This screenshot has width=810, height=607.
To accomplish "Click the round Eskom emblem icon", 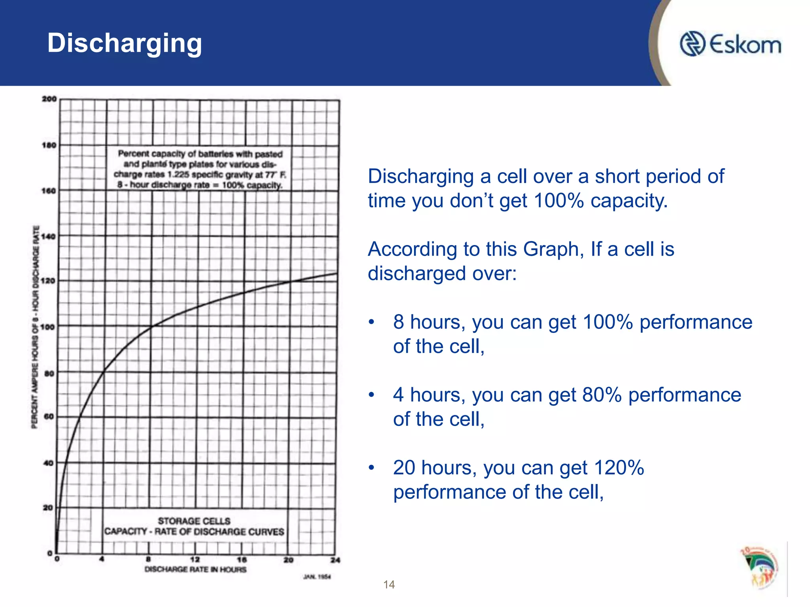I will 692,44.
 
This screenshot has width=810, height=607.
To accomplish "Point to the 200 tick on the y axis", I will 49,99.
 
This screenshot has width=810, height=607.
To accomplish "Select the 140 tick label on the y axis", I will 49,236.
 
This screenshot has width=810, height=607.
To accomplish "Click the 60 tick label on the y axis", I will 49,417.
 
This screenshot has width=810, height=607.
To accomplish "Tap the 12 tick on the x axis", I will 195,560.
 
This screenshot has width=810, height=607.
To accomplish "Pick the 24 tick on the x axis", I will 335,560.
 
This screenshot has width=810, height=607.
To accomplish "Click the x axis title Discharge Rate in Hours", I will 195,569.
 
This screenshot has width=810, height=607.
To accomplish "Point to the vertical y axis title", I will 35,326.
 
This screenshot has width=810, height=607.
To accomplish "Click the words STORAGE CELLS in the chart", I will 194,521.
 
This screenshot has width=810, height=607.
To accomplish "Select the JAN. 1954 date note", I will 317,577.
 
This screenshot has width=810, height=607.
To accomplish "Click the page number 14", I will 389,584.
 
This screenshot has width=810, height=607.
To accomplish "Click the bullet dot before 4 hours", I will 371,395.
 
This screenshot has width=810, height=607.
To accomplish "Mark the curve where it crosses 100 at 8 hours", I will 151,326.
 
